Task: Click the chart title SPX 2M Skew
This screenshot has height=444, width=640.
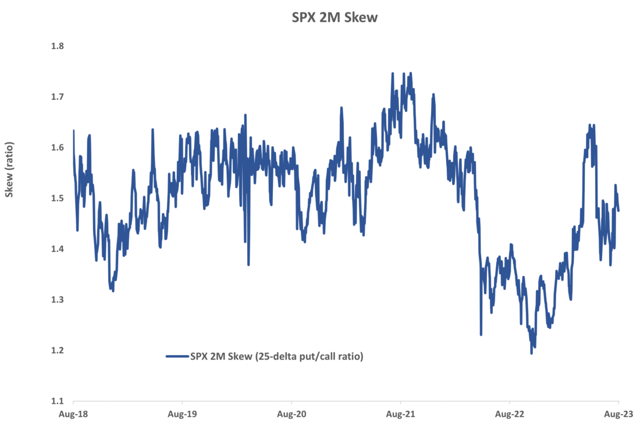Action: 335,18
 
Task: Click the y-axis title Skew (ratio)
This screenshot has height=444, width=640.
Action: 9,169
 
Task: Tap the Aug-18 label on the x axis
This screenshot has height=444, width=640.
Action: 73,414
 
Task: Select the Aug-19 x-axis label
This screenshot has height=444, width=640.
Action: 182,414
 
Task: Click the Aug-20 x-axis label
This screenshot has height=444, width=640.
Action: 291,414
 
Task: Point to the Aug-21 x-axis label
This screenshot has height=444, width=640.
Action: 400,414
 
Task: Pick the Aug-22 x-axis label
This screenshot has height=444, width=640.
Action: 509,414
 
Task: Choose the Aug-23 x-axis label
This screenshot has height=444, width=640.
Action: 618,414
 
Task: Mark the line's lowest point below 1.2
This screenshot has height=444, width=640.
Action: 531,353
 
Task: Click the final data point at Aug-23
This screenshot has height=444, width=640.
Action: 618,211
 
